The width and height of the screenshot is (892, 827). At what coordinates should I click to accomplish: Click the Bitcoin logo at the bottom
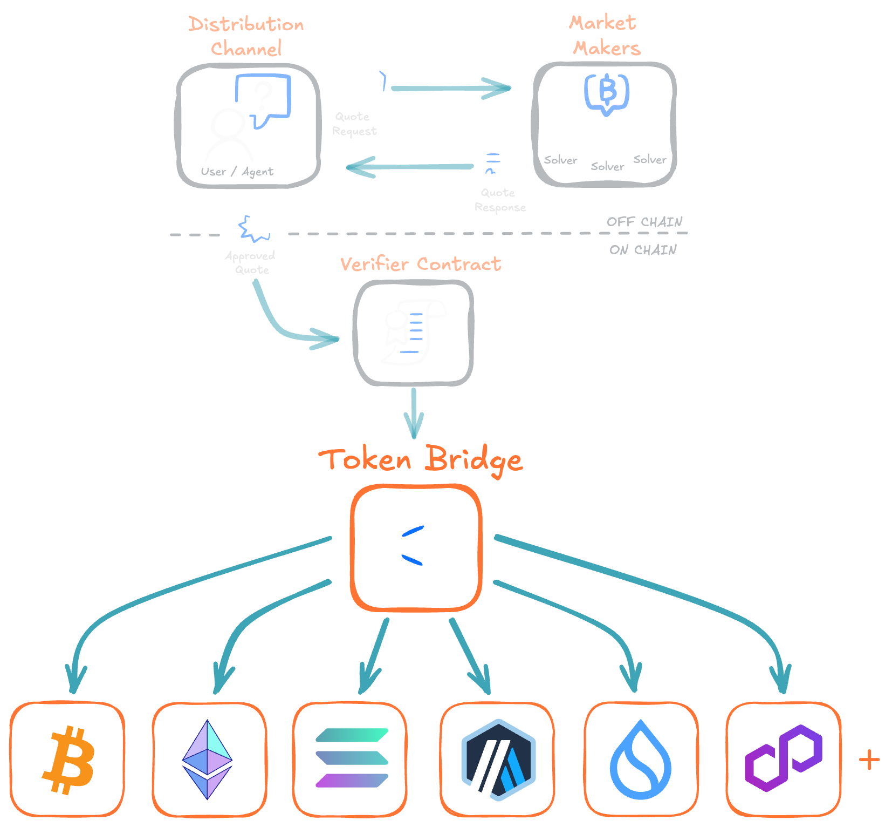pyautogui.click(x=68, y=760)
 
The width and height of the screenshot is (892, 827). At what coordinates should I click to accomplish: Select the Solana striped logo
pyautogui.click(x=351, y=758)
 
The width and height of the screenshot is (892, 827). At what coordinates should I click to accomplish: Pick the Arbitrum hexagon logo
pyautogui.click(x=498, y=760)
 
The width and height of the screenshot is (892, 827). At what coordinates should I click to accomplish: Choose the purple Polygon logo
pyautogui.click(x=783, y=758)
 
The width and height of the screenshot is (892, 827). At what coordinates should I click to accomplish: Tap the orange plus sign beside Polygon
pyautogui.click(x=869, y=760)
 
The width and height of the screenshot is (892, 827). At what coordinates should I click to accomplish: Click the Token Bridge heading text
pyautogui.click(x=421, y=460)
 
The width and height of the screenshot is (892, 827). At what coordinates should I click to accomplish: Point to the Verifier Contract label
pyautogui.click(x=421, y=264)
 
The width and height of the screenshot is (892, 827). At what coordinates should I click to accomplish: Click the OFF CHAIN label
pyautogui.click(x=644, y=222)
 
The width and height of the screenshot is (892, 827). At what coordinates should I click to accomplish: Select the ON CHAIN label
pyautogui.click(x=643, y=250)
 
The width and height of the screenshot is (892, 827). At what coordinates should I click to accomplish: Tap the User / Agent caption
pyautogui.click(x=237, y=172)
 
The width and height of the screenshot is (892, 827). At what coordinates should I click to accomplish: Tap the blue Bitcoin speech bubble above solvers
pyautogui.click(x=607, y=92)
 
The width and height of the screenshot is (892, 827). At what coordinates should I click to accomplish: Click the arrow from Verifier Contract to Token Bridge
pyautogui.click(x=414, y=413)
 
